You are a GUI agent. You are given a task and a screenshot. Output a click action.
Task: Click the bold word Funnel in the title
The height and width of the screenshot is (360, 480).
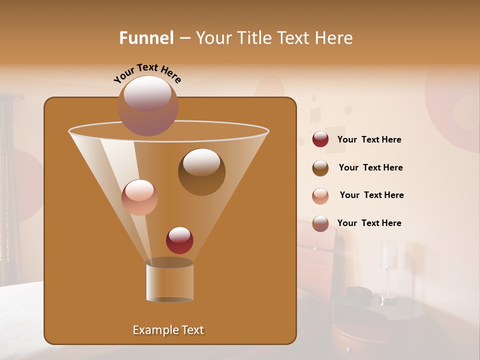146,38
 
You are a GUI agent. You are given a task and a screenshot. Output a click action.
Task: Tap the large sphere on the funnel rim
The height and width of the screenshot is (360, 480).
147,105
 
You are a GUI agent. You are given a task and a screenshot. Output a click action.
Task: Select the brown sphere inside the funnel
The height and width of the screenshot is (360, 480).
201,171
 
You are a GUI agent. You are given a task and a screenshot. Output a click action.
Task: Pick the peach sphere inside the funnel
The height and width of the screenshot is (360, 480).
139,197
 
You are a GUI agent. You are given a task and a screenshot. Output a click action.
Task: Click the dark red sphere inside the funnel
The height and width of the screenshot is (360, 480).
179,240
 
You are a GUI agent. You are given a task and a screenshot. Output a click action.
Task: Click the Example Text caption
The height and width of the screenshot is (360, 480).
168,330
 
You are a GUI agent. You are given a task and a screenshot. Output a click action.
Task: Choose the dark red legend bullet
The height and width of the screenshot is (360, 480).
320,139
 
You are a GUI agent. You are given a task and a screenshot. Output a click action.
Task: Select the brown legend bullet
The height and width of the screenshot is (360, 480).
320,167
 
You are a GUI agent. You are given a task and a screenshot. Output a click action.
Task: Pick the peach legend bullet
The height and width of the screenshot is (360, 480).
320,195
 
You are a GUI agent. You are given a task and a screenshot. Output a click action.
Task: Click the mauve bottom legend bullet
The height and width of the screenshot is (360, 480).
320,223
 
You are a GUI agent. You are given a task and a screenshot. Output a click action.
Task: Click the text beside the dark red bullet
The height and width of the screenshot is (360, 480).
369,140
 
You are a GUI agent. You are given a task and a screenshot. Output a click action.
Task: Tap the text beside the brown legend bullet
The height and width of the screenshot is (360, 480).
370,168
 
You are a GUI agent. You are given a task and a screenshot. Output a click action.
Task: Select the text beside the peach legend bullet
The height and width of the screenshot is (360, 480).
371,195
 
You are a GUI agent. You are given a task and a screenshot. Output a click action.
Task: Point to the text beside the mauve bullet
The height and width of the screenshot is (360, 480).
369,223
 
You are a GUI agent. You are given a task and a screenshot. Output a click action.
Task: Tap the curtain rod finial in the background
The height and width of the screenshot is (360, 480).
21,95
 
